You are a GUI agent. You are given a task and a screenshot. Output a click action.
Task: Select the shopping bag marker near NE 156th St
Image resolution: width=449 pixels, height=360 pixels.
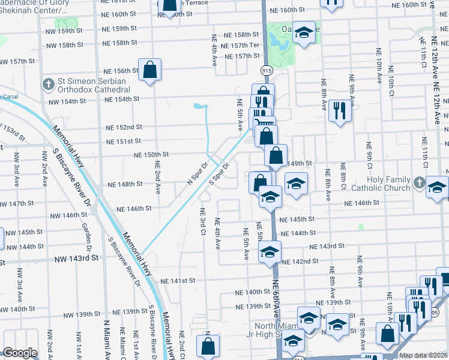tap(149, 70)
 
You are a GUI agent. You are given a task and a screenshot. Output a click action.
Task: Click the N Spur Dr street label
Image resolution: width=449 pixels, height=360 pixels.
tap(197, 172)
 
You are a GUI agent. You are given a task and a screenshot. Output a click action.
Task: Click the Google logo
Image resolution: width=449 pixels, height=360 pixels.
tap(20, 353)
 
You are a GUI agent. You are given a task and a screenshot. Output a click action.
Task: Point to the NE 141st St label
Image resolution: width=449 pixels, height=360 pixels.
tap(178, 280)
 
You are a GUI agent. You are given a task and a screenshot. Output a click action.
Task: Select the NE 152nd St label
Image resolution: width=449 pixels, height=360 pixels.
tap(124, 127)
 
